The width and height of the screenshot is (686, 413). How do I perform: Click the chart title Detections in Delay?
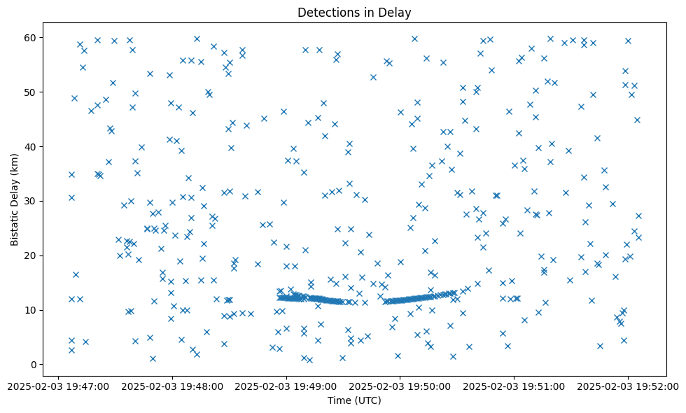point(354,12)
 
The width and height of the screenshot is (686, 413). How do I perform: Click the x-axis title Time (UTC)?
point(354,400)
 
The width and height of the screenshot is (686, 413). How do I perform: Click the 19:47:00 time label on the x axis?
point(59,386)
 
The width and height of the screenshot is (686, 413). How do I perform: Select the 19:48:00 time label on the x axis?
point(172,386)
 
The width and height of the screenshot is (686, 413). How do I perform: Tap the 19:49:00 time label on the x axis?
point(286,386)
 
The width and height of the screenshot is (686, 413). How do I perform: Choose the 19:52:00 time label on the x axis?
point(628,386)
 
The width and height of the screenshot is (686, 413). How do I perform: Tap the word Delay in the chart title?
point(395,12)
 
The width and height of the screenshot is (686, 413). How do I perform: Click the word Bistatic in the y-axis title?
point(15,224)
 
